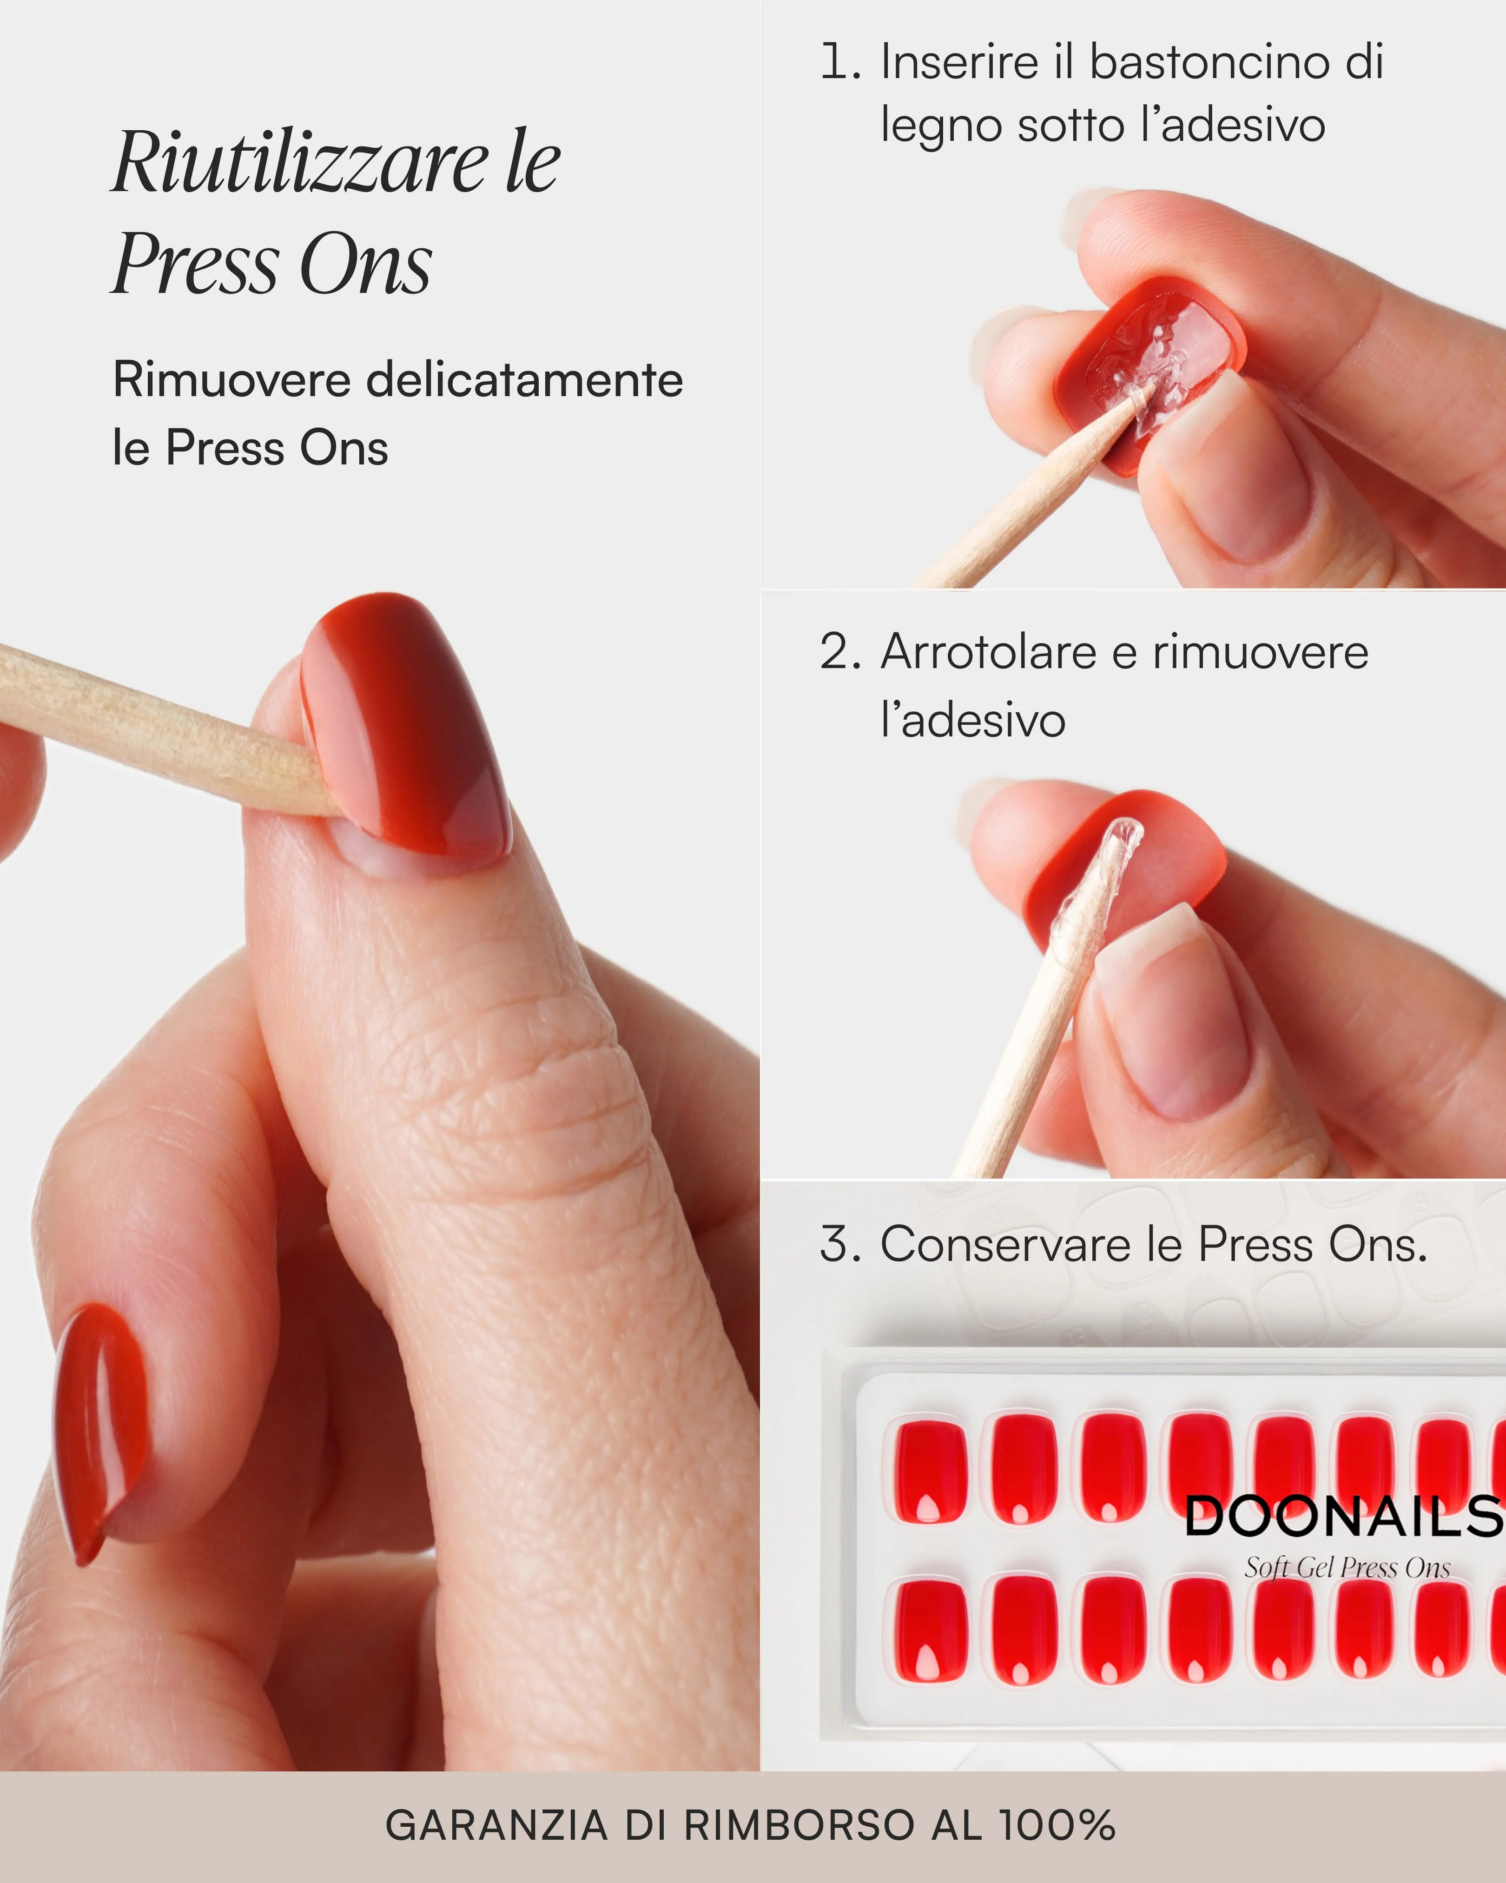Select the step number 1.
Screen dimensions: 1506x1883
click(x=840, y=62)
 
